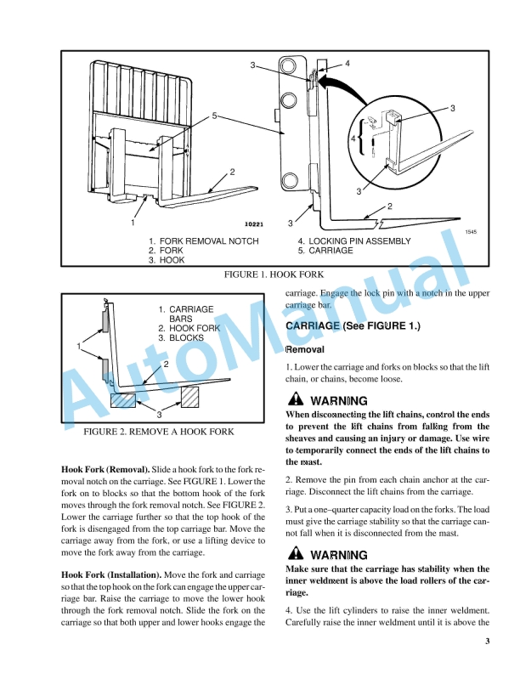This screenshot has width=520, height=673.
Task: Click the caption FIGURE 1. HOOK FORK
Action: coord(274,276)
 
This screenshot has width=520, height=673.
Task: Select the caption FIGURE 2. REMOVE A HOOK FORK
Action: coord(159,433)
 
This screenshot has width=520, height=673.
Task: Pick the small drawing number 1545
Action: coord(472,232)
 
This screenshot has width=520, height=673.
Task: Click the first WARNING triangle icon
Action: coord(293,400)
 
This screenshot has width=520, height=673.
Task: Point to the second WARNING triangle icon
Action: coord(293,555)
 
